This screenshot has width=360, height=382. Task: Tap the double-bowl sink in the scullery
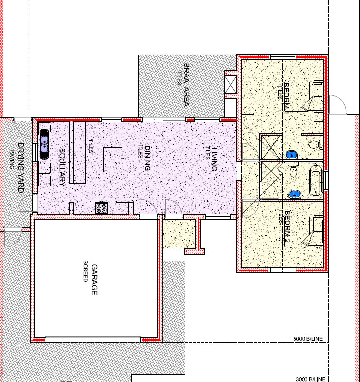pos(44,140)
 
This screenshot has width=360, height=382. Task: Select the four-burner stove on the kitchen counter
pos(102,207)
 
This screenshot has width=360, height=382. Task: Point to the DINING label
pos(147,158)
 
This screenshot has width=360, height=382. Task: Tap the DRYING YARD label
pos(20,167)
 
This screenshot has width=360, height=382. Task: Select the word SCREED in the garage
pos(86,271)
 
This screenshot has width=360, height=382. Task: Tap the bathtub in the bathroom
pos(315,181)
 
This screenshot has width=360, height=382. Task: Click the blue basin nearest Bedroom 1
pos(292,155)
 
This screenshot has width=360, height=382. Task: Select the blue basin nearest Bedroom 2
pos(295,194)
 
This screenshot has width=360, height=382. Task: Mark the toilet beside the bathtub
pos(293,170)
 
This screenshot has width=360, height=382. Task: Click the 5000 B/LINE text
pos(308,339)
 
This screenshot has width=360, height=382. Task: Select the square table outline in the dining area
pos(113,159)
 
